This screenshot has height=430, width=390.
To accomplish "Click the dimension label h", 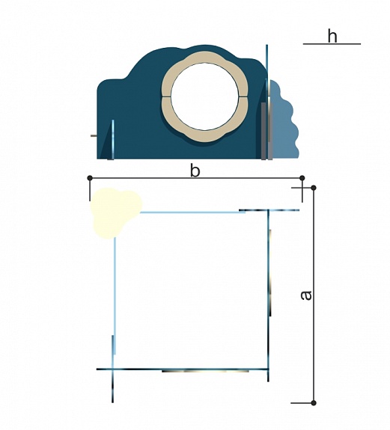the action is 332,36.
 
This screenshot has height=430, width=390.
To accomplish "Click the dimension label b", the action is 195,171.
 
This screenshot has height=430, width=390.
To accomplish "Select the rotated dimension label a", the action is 306,295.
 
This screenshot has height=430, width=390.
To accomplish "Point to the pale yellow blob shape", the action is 114,212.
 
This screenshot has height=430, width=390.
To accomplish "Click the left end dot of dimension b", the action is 90,178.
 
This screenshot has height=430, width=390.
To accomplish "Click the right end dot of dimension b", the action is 302,178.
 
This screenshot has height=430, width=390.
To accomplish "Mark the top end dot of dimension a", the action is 314,188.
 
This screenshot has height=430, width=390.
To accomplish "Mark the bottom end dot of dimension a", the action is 314,403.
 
